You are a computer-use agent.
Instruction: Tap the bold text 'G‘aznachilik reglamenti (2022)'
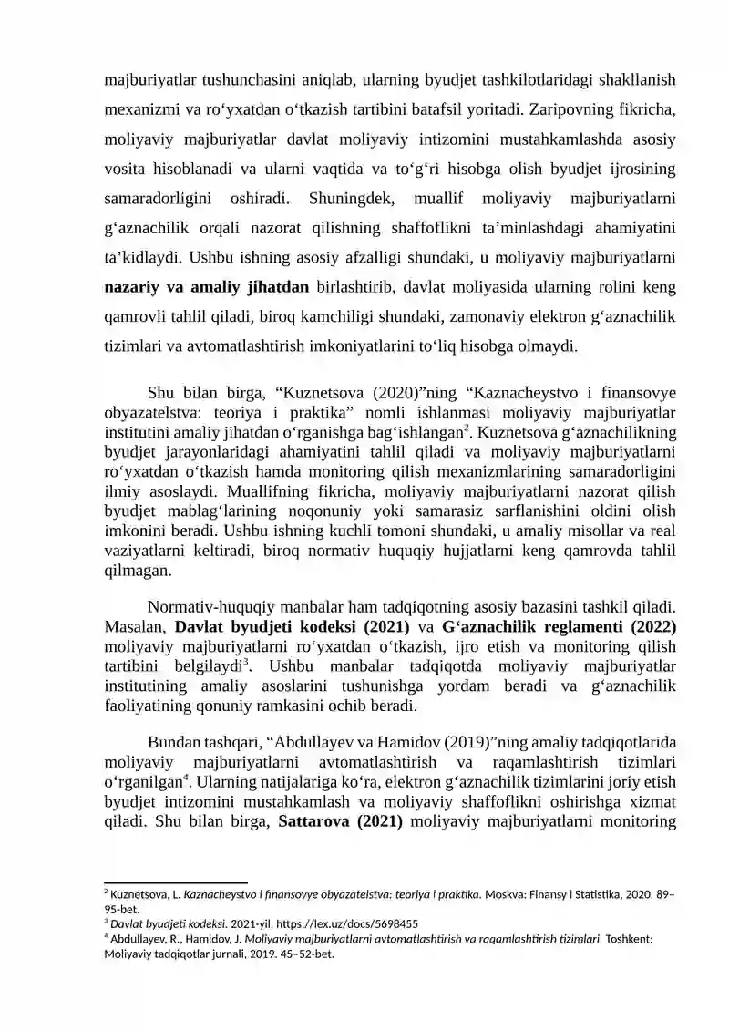[x=559, y=628]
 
